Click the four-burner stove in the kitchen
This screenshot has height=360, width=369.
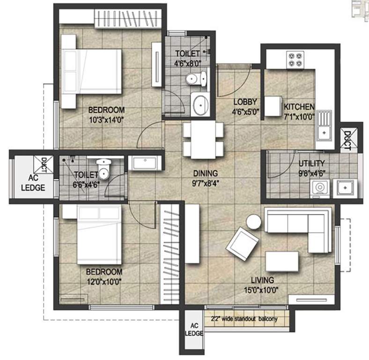295,60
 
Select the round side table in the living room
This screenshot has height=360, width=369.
253,222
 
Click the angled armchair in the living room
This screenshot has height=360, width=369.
243,244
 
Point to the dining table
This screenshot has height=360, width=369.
203,140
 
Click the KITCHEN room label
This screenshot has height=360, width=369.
299,107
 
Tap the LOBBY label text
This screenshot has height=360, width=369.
245,102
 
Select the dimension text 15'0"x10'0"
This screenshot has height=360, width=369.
261,290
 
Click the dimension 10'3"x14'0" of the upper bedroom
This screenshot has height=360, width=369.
106,120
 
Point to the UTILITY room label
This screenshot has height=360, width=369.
311,163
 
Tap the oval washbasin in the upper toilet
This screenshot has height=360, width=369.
201,105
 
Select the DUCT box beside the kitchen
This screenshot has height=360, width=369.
348,140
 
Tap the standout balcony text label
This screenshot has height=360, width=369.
244,319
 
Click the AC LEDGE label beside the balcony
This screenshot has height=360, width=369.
194,330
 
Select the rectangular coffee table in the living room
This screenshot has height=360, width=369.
282,261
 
